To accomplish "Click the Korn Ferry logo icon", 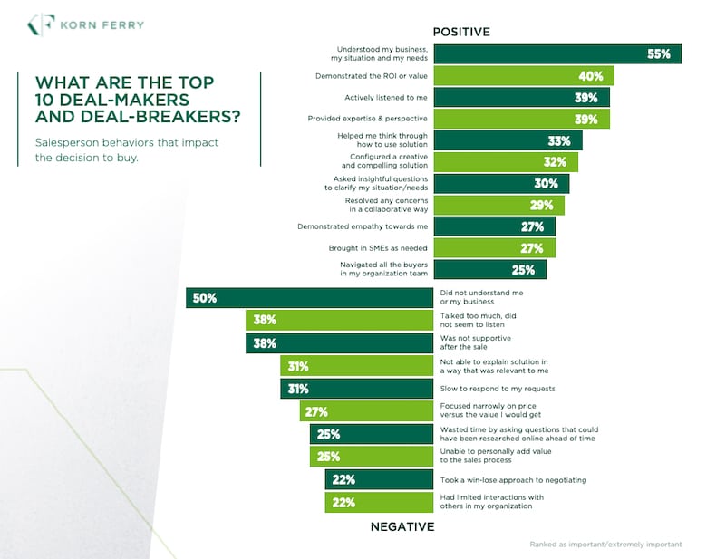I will coord(41,25).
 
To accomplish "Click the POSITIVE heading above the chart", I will coord(460,32).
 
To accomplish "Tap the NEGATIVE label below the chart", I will coord(402,526).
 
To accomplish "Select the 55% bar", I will coord(556,53).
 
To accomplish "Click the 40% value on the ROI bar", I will coord(592,76).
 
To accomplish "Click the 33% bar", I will coord(508,140).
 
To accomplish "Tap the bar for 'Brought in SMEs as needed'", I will coord(494,248).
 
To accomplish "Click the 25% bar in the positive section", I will coord(489,269).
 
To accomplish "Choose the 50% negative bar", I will coord(309,297).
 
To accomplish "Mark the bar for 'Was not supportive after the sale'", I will coord(339,343).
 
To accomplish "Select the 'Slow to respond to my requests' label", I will coord(497,389).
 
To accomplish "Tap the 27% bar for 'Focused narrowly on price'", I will coord(365,410).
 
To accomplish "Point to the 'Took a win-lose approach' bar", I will coord(378,479).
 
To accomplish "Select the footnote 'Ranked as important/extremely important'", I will coord(605,545).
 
